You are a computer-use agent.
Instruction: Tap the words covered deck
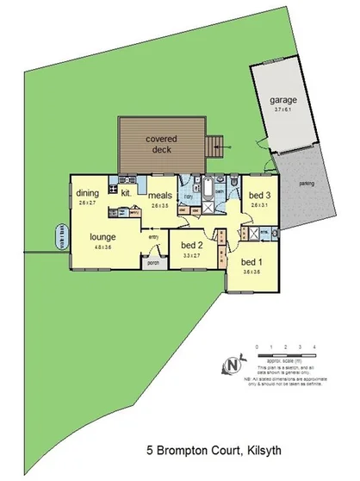tap(161, 144)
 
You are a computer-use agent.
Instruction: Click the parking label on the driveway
tap(305, 183)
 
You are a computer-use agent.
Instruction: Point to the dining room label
tap(87, 193)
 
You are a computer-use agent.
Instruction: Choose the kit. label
tap(126, 193)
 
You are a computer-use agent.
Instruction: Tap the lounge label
tap(103, 235)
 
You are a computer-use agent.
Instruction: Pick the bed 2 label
tap(191, 244)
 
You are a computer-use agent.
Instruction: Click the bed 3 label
tap(260, 196)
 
